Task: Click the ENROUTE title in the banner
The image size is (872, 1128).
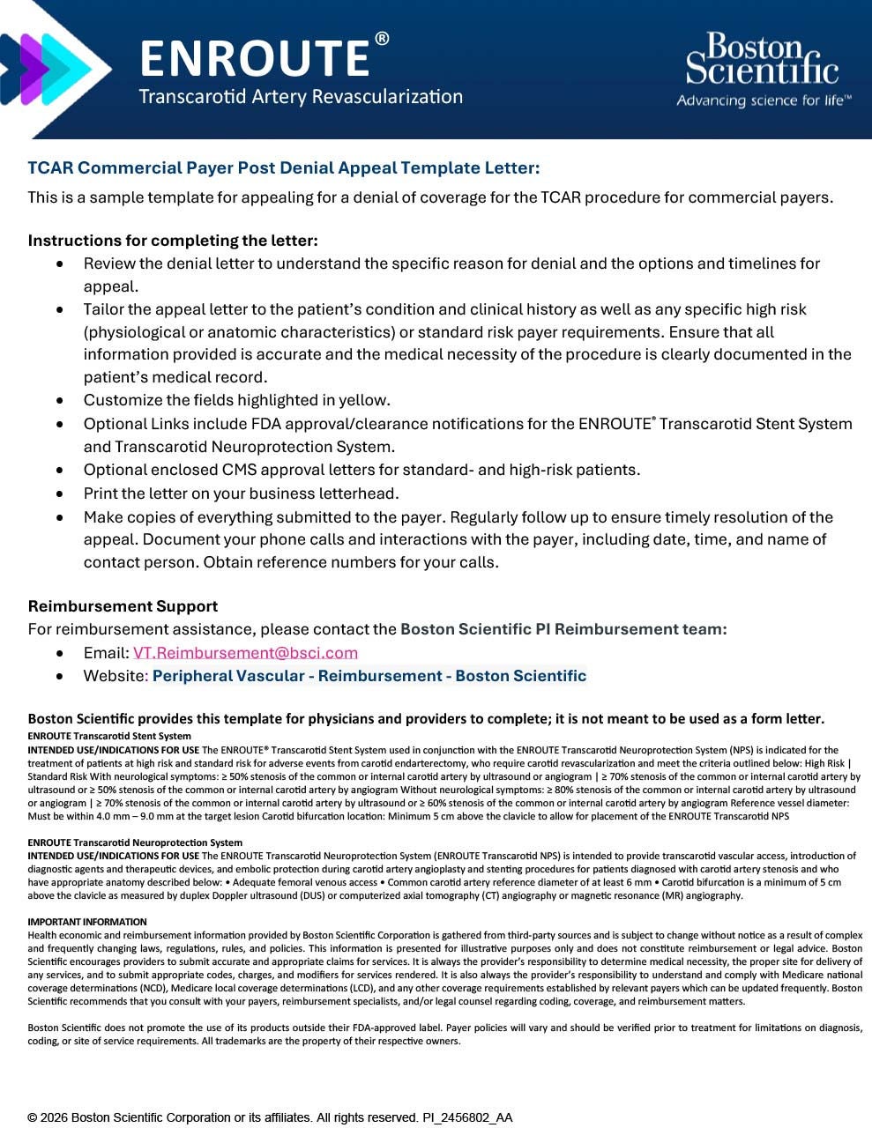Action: point(254,58)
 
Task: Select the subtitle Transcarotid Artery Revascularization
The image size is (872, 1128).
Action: point(300,97)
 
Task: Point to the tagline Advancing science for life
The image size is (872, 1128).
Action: point(764,100)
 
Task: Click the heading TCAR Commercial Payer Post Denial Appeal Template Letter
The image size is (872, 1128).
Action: point(283,167)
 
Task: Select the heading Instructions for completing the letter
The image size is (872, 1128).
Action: point(173,241)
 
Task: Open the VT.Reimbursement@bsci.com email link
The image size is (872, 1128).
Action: point(245,653)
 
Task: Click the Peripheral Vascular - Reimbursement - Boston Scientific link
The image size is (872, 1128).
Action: point(369,676)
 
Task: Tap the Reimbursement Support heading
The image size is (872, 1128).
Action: point(123,606)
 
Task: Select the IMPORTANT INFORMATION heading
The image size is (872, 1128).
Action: point(87,922)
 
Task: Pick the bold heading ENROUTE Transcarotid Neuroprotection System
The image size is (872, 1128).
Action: point(135,842)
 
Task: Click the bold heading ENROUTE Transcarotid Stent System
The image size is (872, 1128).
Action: point(109,736)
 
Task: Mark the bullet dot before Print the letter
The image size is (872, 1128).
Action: point(60,494)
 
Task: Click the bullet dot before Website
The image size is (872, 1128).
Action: point(60,677)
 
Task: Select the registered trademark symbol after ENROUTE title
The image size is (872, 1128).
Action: point(382,39)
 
